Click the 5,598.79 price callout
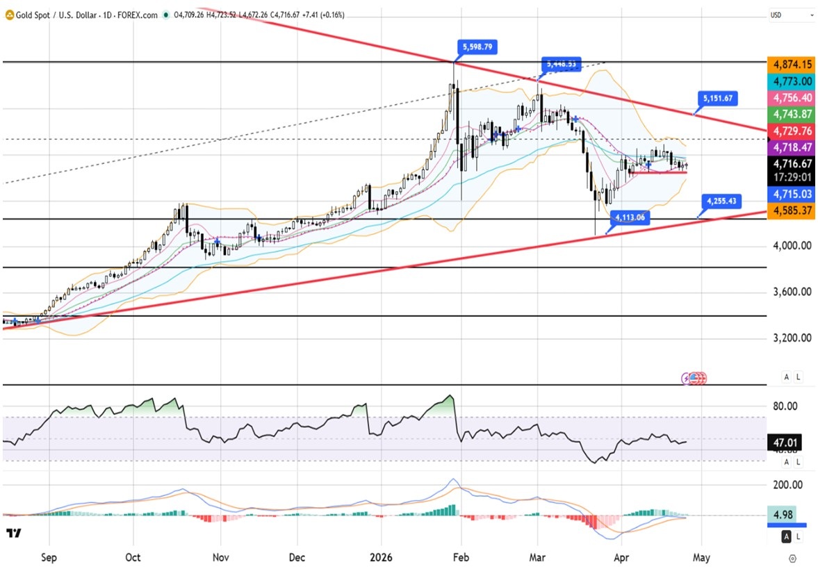[477, 48]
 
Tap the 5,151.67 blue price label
[717, 99]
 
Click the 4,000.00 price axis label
[792, 245]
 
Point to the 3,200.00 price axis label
[792, 338]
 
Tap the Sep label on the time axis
[49, 557]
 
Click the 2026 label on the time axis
[382, 557]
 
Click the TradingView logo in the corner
[13, 534]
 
